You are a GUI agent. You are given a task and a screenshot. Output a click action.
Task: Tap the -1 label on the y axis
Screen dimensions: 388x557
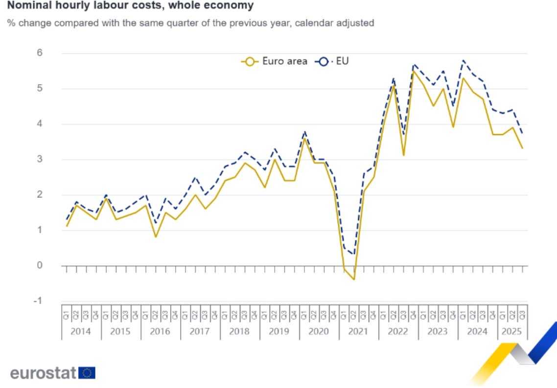pos(37,301)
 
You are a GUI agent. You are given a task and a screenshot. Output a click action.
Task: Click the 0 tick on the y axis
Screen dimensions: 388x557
pos(39,266)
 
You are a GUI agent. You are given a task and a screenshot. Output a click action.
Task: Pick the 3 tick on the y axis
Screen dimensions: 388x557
pos(39,159)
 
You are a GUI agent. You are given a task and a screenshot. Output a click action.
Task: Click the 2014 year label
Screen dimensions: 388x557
pos(81,332)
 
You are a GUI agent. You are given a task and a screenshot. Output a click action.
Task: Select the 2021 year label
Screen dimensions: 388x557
pos(358,332)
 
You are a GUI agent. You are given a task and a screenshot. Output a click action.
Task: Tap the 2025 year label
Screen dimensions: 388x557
pos(512,332)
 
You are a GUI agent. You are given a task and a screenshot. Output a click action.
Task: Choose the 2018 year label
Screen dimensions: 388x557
pos(239,332)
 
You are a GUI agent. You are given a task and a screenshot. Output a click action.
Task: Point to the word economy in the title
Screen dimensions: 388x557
pos(231,6)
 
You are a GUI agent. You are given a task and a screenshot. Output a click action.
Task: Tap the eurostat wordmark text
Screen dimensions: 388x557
pos(43,373)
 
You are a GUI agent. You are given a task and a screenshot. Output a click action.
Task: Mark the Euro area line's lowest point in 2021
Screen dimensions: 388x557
pos(353,280)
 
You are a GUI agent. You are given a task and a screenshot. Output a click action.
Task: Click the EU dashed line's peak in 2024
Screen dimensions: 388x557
pos(463,60)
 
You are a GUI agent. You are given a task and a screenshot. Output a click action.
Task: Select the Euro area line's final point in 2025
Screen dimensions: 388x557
pos(522,148)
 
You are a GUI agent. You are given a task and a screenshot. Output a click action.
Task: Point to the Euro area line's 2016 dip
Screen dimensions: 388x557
pos(156,237)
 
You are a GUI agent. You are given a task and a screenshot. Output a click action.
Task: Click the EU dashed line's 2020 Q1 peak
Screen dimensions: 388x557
pos(304,131)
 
